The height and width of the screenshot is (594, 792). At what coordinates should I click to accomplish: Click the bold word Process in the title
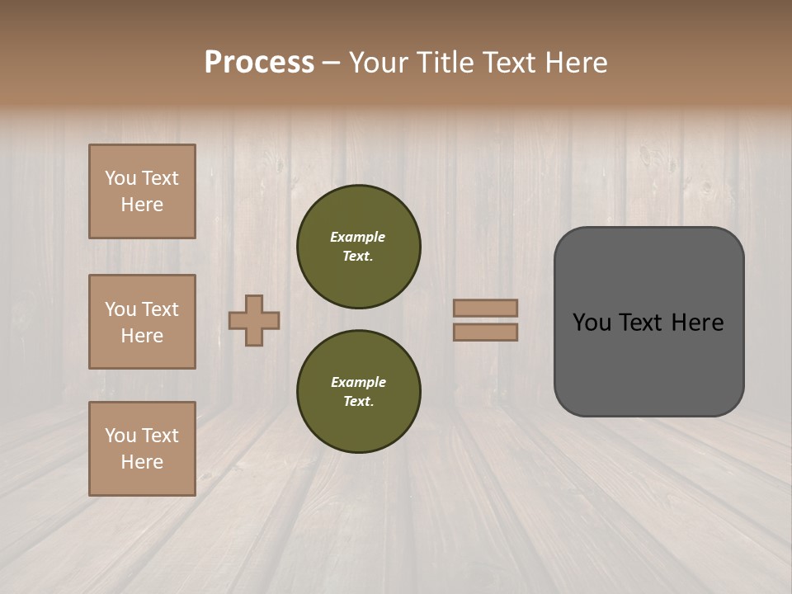(259, 63)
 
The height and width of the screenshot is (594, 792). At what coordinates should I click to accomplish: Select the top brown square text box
(142, 191)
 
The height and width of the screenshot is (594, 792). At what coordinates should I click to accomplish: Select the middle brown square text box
(142, 322)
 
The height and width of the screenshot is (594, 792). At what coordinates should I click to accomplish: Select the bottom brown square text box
(142, 449)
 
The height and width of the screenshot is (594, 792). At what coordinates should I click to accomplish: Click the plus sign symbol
(254, 320)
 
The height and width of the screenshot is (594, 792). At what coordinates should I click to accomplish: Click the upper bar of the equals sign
(485, 308)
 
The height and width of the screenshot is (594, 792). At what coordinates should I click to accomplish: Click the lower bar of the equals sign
(485, 332)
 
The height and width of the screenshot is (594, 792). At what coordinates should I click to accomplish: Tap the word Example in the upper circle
(357, 237)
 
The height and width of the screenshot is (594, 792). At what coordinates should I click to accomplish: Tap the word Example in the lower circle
(358, 382)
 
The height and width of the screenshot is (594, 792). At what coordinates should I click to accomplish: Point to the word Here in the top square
(142, 205)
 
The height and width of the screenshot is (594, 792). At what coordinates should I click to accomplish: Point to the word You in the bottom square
(120, 436)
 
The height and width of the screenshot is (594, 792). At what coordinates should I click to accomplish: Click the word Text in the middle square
(159, 309)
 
